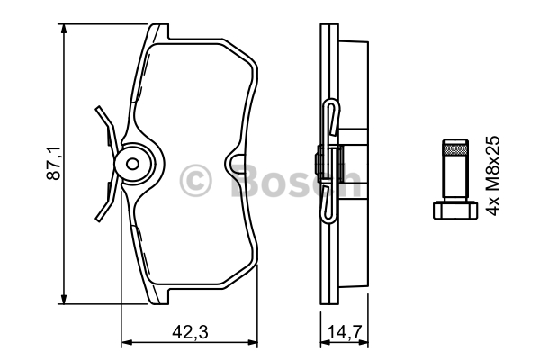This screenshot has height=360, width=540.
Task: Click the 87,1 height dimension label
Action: (53, 163)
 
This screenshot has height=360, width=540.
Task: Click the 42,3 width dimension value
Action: (191, 332)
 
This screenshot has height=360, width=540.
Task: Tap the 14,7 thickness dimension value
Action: (345, 332)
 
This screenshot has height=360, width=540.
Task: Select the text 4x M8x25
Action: (492, 175)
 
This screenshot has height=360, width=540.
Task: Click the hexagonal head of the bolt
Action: (455, 210)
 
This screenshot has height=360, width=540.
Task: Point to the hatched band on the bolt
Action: (455, 149)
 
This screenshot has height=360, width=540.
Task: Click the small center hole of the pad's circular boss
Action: (132, 164)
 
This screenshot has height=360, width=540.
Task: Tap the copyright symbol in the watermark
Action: (195, 181)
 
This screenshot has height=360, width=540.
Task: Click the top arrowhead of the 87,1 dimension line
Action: (63, 29)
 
